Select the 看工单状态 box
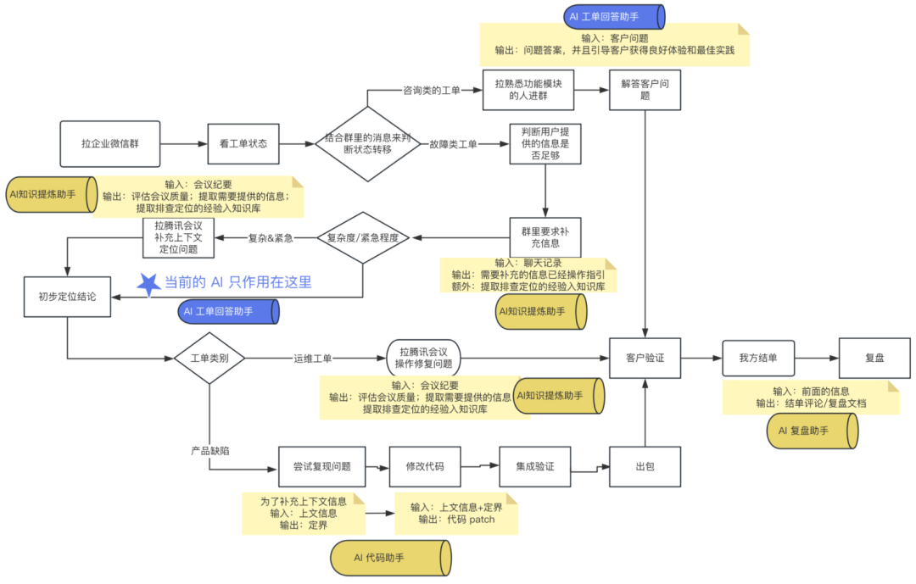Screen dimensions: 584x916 [x=243, y=143]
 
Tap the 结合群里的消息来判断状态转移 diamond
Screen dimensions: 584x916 [x=367, y=143]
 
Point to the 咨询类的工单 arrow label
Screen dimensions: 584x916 [x=431, y=90]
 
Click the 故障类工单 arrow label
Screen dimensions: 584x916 [x=453, y=144]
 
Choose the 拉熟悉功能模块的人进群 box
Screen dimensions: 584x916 [x=528, y=90]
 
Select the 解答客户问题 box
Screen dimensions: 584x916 [x=645, y=90]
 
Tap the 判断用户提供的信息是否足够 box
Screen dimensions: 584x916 [x=545, y=144]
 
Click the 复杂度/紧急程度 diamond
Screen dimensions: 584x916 [x=362, y=238]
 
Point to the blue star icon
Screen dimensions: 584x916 [x=149, y=283]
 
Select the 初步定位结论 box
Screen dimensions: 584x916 [x=67, y=297]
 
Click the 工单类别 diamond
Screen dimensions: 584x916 [x=209, y=358]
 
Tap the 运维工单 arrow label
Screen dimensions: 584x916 [x=314, y=358]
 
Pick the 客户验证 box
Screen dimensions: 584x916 [x=645, y=358]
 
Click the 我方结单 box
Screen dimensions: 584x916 [x=758, y=358]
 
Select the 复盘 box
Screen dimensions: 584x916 [x=874, y=358]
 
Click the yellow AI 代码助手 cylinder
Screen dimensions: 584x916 [x=391, y=558]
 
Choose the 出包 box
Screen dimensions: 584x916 [x=645, y=467]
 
